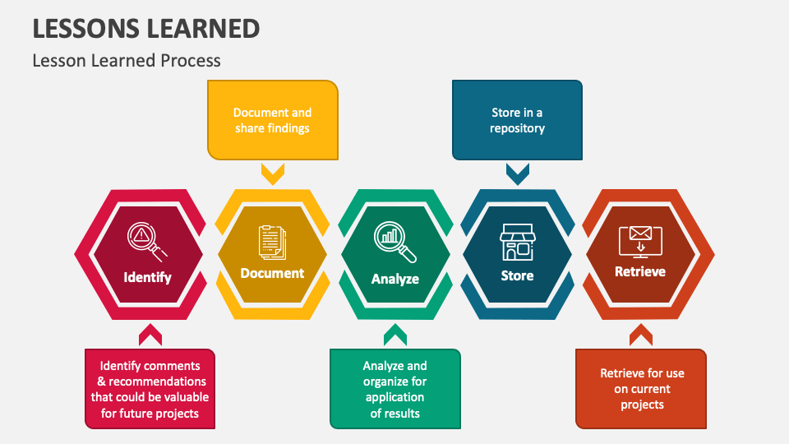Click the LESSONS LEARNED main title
point(146,29)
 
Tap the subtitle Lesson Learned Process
point(127,61)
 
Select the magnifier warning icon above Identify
point(147,242)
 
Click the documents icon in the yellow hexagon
point(272,243)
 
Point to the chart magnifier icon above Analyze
point(395,242)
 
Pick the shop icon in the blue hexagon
point(517,242)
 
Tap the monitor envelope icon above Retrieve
point(640,242)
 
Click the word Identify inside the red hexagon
point(147,277)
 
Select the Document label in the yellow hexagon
point(272,273)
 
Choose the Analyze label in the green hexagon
point(395,279)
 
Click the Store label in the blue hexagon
point(517,276)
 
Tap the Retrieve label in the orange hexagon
point(640,272)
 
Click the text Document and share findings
point(272,120)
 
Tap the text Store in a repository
point(517,120)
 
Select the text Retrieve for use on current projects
point(642,389)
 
